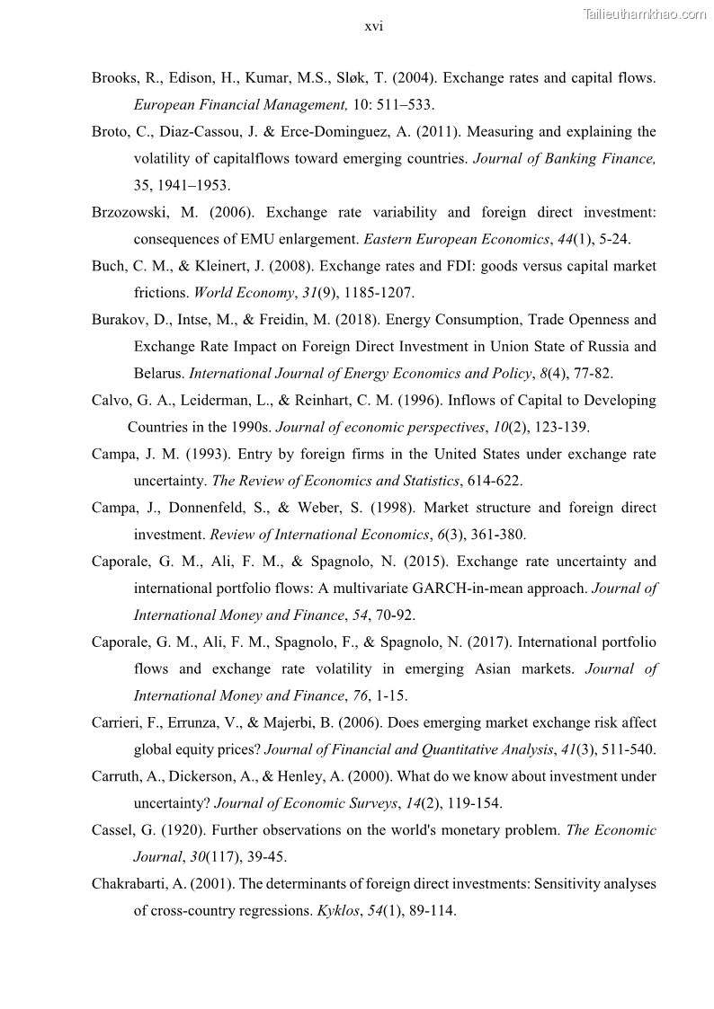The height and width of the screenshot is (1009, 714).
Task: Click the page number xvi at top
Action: (373, 26)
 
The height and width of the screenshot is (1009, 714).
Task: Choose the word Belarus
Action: (158, 373)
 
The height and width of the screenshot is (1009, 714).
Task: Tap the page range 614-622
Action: (493, 481)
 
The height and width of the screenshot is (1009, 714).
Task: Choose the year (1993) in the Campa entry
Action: (187, 454)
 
